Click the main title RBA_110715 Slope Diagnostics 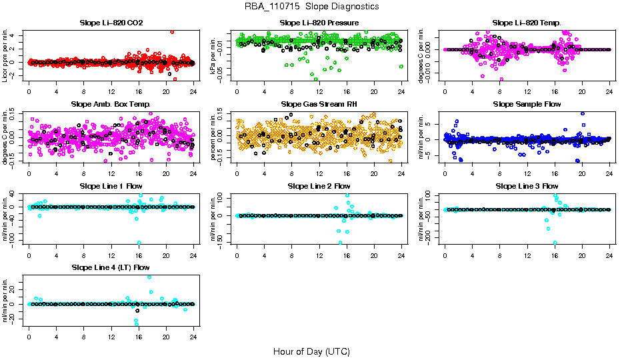311,6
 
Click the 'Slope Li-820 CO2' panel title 111,23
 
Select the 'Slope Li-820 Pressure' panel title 319,23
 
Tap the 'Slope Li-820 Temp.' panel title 527,23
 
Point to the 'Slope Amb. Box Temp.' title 111,104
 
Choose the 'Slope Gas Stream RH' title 319,104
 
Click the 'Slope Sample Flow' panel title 527,104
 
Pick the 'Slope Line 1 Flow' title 111,185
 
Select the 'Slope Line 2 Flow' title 319,185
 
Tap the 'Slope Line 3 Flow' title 527,185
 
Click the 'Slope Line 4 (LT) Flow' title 111,267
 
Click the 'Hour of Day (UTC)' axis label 311,351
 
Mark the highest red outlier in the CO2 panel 172,31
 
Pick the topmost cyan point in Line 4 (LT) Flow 149,277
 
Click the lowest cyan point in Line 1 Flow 139,243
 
